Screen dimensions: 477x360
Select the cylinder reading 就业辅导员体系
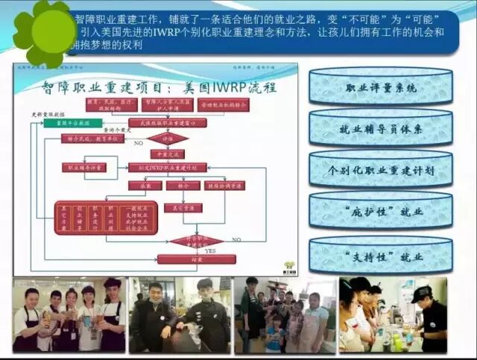click(x=381, y=129)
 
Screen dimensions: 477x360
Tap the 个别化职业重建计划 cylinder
click(x=381, y=170)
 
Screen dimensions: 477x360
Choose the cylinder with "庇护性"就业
click(x=381, y=212)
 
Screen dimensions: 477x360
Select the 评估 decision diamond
click(x=168, y=139)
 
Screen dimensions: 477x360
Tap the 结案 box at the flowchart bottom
click(x=196, y=259)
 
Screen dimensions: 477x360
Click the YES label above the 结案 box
click(x=210, y=250)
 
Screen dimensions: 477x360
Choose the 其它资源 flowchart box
click(x=183, y=208)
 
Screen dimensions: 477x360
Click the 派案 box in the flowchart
click(x=145, y=186)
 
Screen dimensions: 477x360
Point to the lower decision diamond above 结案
click(x=196, y=241)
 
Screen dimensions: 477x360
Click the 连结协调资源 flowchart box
click(x=224, y=186)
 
